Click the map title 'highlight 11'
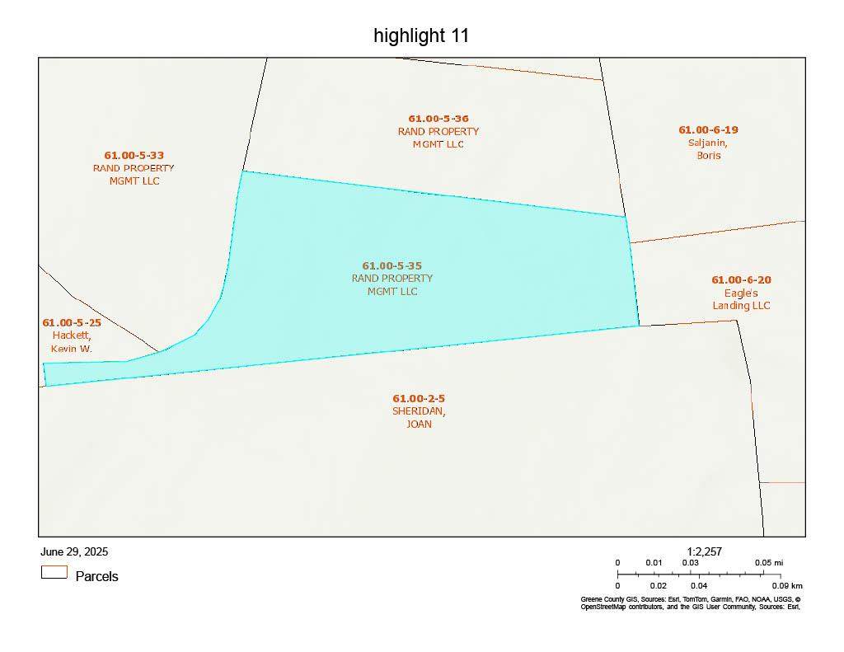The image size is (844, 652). coord(421,35)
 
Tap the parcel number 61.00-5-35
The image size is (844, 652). coord(392,265)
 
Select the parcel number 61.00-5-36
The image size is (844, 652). coord(438,119)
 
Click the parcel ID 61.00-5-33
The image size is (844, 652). coord(134,155)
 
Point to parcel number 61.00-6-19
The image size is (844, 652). coord(708,129)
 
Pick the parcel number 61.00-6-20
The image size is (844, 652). coord(741,279)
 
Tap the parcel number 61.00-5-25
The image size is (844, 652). coord(72,322)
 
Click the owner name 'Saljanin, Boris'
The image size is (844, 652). coord(708,148)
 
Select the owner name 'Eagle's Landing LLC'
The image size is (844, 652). coord(741,299)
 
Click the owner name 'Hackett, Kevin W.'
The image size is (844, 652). coord(72,342)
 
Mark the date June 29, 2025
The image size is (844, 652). coord(74,551)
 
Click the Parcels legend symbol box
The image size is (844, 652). coord(54,572)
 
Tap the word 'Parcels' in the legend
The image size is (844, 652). coord(96,576)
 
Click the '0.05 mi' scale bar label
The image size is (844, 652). coord(768,562)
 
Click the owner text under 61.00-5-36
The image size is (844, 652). coord(438,138)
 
